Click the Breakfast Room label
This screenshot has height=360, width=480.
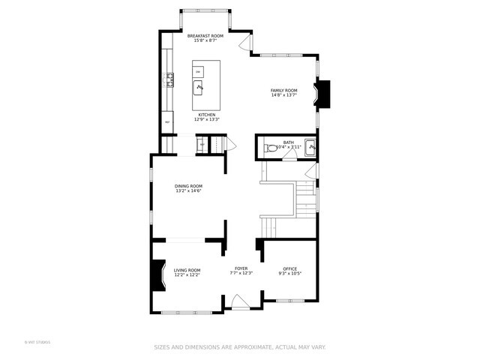click(205, 36)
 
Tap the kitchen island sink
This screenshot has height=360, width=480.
click(199, 88)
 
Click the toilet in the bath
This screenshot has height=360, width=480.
click(271, 148)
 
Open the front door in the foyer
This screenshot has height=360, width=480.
click(241, 302)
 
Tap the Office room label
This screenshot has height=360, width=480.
click(289, 268)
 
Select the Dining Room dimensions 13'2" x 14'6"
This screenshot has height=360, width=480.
click(188, 191)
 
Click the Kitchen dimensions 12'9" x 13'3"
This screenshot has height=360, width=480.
click(207, 119)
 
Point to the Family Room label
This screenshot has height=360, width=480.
click(283, 90)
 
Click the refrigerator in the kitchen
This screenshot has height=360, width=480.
click(167, 121)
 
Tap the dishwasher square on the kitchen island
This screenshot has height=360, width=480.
click(198, 71)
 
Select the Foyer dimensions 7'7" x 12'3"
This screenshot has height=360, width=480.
click(241, 273)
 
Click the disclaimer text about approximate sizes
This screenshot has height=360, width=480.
click(240, 347)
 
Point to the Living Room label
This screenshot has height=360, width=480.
click(187, 270)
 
